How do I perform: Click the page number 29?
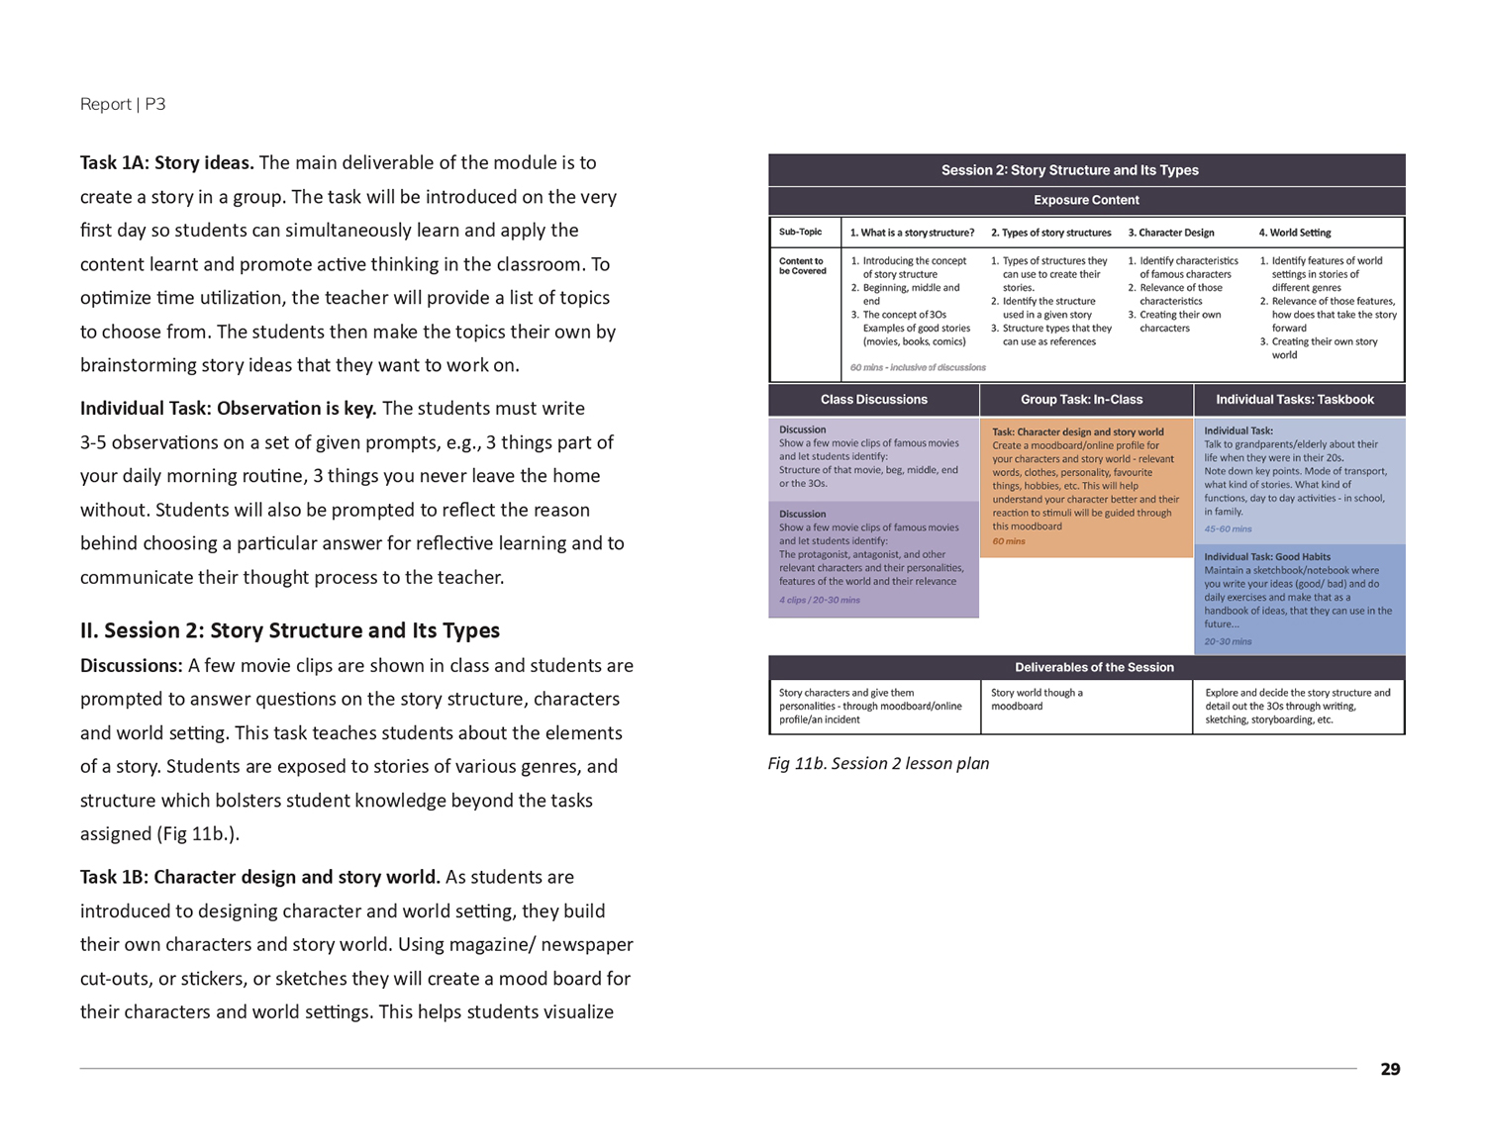1390,1069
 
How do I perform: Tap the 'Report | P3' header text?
123,104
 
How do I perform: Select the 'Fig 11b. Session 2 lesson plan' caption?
878,763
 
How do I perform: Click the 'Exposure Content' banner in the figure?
1086,200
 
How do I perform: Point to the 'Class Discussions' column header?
873,400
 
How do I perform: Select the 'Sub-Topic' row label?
800,233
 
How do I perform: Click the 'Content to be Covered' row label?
802,266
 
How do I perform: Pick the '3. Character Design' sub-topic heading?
1171,233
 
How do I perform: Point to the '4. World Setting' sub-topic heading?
1294,233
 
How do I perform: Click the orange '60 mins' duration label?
1009,541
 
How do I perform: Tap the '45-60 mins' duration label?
1228,529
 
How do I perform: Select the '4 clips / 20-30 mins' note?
819,600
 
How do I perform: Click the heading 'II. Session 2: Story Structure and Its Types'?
290,630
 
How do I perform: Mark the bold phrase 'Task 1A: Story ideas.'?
166,162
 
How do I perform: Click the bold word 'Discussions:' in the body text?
131,665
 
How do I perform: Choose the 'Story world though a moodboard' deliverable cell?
1037,699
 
